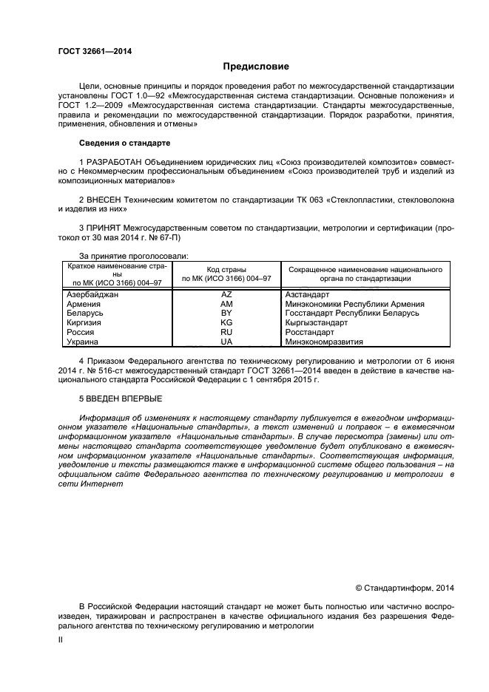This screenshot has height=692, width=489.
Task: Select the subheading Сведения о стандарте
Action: click(124, 143)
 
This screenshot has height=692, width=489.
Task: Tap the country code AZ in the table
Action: click(226, 294)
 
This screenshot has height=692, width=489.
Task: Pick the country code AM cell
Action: click(226, 304)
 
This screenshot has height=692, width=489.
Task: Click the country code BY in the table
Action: click(226, 313)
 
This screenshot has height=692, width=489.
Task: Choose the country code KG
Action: click(226, 323)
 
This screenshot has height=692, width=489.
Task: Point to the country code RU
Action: click(226, 333)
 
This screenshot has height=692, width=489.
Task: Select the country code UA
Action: click(226, 342)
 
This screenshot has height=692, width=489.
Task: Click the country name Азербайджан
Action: click(92, 294)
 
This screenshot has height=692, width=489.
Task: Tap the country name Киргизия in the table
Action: click(84, 323)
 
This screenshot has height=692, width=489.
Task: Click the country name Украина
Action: click(82, 342)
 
